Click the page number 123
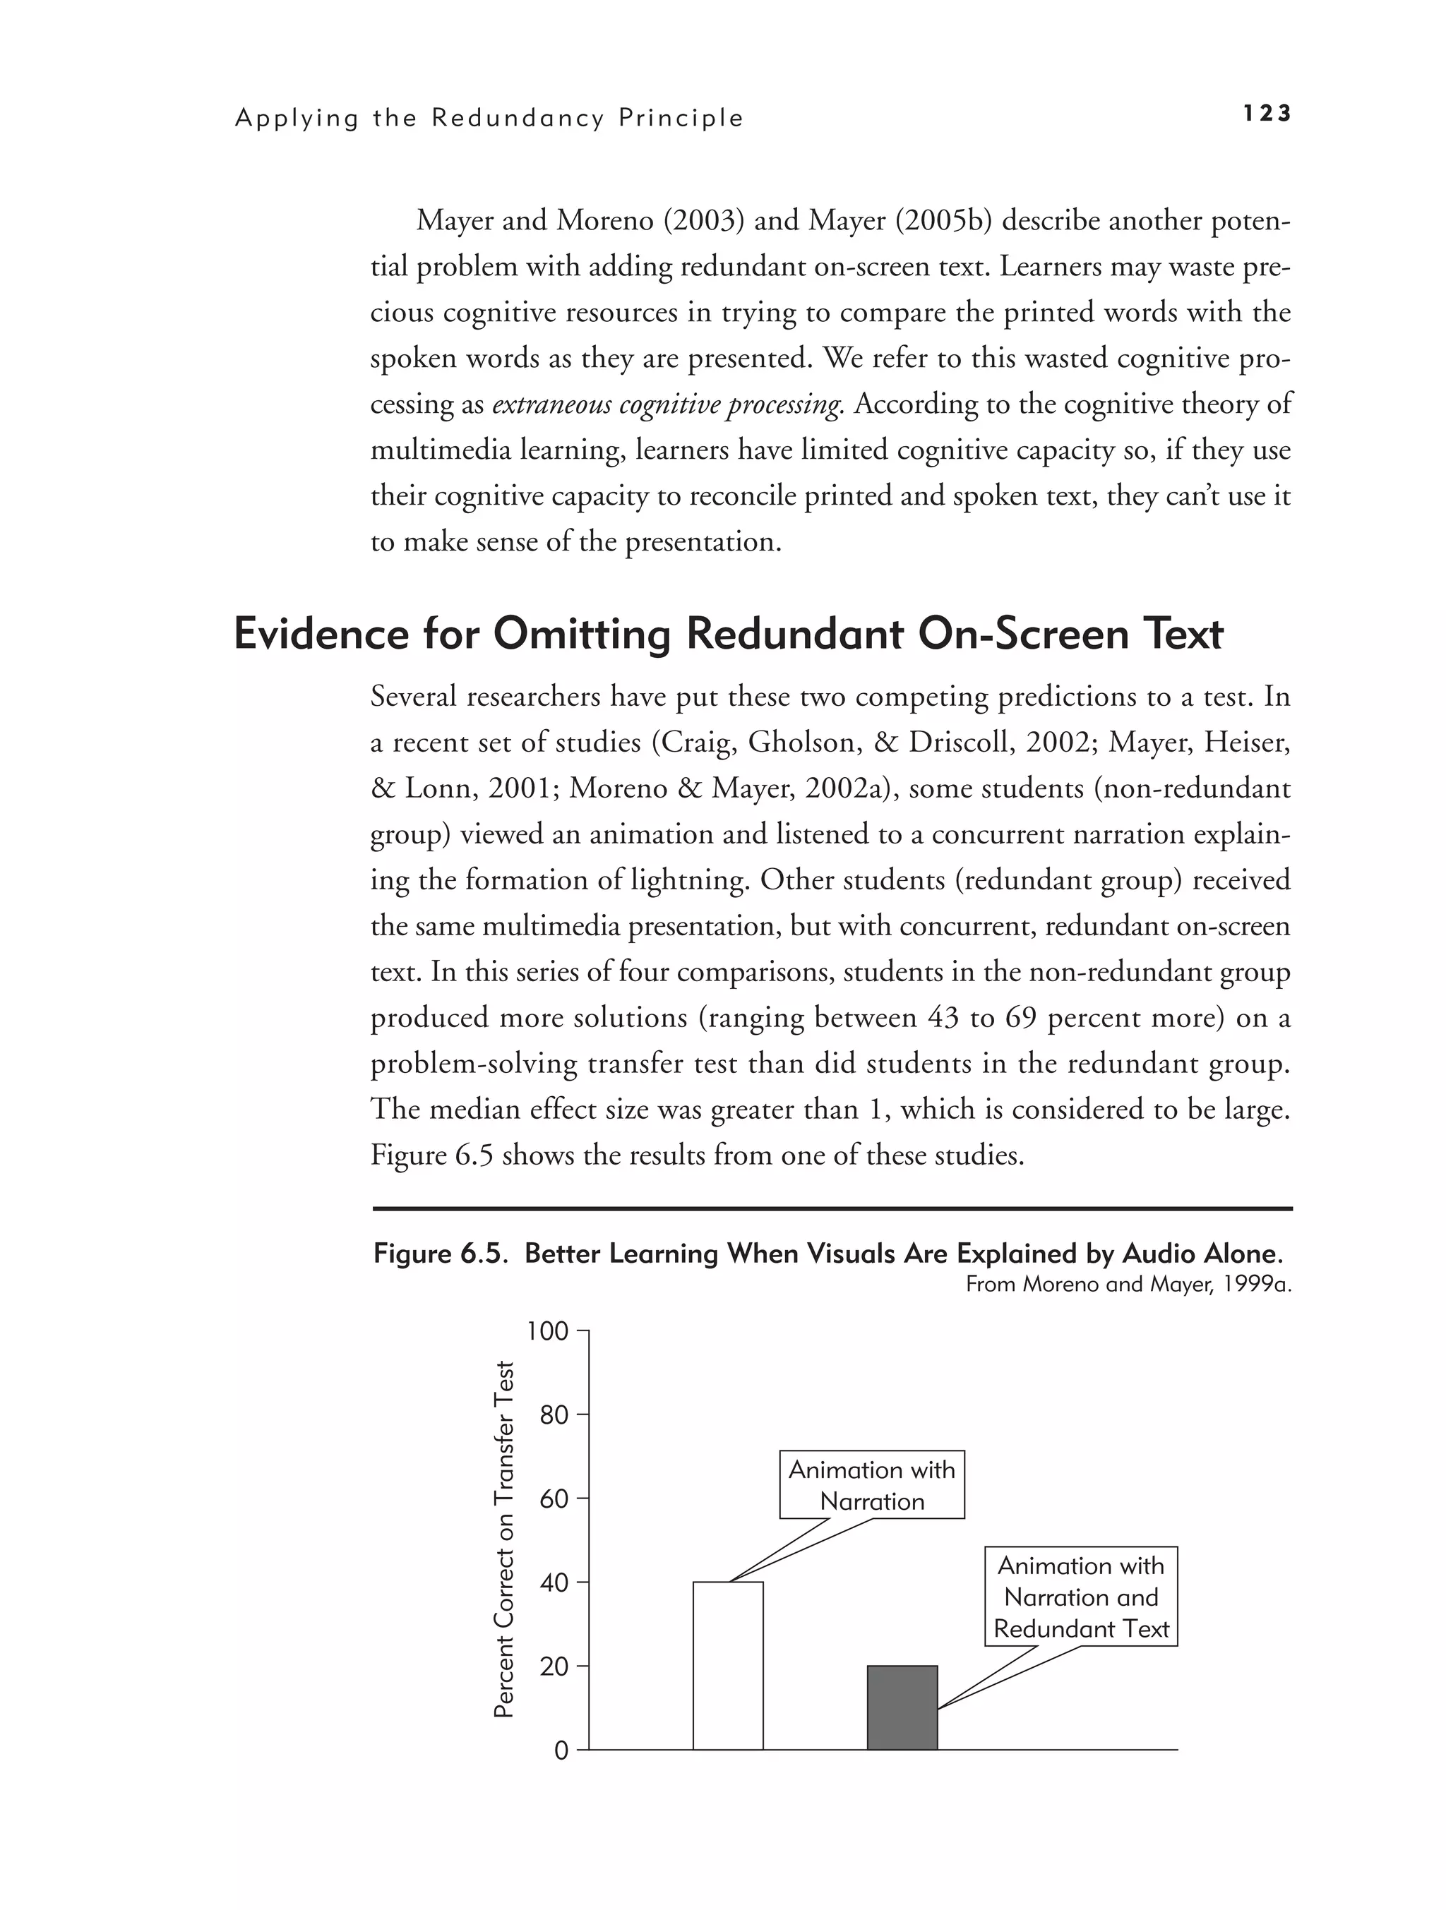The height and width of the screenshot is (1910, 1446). pos(1267,113)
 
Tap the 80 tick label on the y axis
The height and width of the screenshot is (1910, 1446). pos(554,1415)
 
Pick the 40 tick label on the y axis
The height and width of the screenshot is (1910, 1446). pos(554,1582)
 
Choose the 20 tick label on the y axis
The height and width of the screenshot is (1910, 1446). pos(554,1666)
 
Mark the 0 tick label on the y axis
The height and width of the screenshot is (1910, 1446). pos(561,1750)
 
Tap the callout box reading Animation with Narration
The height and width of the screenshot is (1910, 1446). pos(871,1485)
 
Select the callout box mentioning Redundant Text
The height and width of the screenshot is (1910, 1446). pos(1080,1597)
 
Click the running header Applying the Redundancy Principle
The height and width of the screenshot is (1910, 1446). pos(489,119)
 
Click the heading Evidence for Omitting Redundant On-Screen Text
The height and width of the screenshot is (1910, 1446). pos(728,635)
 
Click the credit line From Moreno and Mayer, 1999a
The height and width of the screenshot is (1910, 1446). pos(1128,1284)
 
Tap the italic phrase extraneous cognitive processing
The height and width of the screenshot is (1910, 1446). pos(667,404)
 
